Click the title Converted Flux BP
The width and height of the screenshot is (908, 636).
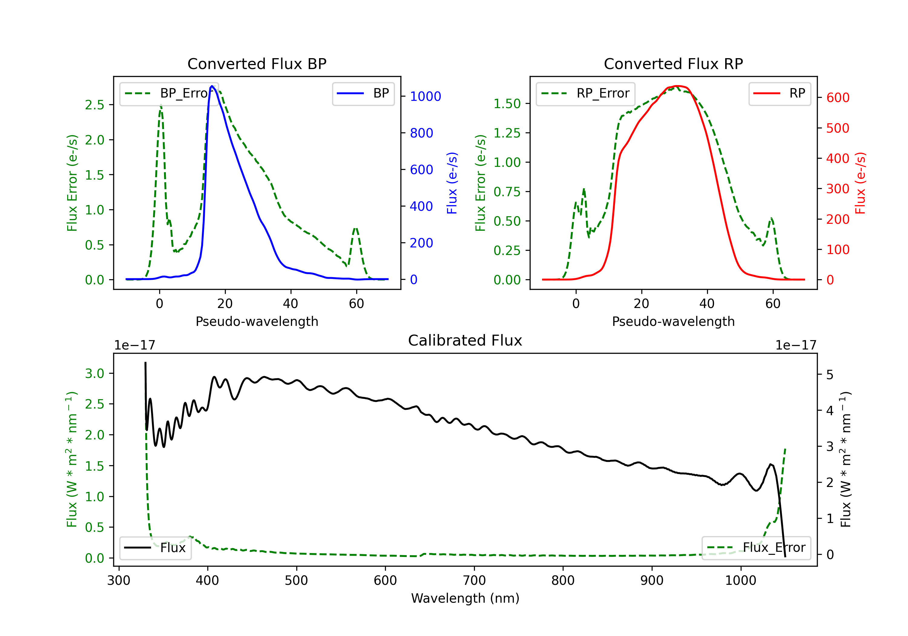(x=257, y=64)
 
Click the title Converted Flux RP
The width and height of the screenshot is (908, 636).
(x=673, y=64)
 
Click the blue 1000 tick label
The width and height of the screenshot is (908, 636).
(x=426, y=97)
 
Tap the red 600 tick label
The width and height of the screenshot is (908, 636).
(x=837, y=98)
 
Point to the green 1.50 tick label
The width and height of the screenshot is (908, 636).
(x=507, y=104)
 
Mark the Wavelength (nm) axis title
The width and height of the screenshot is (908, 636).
(x=465, y=598)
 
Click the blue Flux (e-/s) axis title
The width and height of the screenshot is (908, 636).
(x=452, y=183)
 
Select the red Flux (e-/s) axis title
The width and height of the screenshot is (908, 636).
(x=860, y=183)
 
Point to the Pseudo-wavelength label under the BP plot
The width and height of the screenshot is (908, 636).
(x=257, y=321)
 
